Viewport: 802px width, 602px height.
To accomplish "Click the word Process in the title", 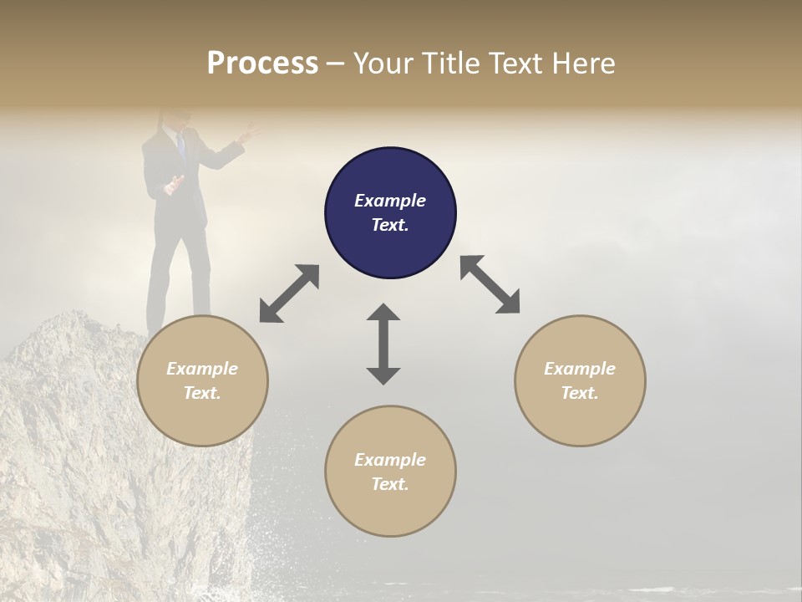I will pos(262,64).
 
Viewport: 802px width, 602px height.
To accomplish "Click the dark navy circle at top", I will pos(390,212).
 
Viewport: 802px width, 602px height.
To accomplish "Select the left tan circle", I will pos(202,380).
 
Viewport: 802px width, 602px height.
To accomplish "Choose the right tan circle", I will pos(580,380).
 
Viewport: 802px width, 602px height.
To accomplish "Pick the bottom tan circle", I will pos(390,472).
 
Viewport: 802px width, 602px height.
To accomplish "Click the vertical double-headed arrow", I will pos(383,344).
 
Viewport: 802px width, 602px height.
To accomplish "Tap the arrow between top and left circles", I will pos(289,293).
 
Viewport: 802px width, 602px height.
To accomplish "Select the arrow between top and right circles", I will pos(490,284).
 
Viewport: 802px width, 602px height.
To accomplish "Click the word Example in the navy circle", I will pos(390,201).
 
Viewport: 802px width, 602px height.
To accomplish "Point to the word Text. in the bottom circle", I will pos(390,484).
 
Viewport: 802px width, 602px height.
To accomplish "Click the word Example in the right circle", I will pos(580,369).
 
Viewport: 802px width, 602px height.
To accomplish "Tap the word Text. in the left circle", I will pos(202,393).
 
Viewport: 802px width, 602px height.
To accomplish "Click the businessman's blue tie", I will pos(180,147).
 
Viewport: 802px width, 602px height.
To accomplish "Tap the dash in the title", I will pos(336,64).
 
